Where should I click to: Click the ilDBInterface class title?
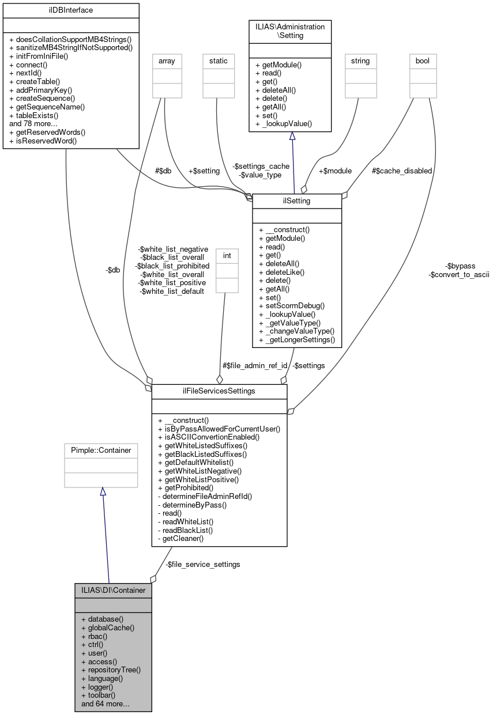(71, 10)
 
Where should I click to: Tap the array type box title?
(167, 60)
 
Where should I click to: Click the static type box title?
(219, 60)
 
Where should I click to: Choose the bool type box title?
(423, 60)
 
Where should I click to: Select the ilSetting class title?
(297, 201)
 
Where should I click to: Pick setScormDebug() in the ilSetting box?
(292, 305)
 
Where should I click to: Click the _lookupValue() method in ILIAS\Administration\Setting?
(283, 123)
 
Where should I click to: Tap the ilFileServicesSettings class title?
(219, 391)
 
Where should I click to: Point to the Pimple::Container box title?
(101, 450)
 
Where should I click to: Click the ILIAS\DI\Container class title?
(113, 591)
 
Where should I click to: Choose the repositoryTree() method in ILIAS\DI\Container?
(111, 670)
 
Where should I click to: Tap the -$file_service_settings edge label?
(202, 564)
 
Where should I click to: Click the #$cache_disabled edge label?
(402, 171)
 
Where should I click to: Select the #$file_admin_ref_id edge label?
(255, 365)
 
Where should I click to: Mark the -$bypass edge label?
(460, 266)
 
